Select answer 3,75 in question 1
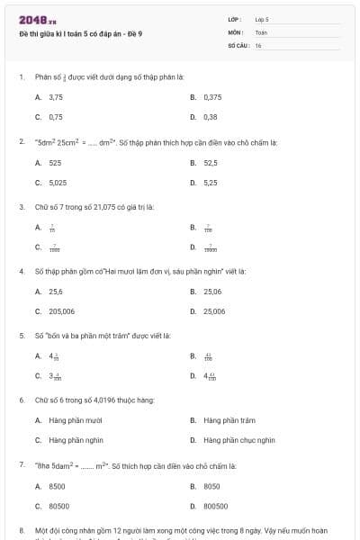coord(56,96)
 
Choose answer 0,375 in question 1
coord(212,96)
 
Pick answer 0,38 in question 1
coord(210,117)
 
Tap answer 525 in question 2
coord(55,163)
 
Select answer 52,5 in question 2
coord(211,163)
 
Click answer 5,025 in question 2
coord(58,183)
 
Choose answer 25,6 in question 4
coord(56,292)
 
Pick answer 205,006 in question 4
coord(62,311)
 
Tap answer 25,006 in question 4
coord(214,311)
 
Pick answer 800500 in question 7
coord(215,506)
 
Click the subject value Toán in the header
coord(261,31)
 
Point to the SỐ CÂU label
coord(238,44)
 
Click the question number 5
coord(21,336)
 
